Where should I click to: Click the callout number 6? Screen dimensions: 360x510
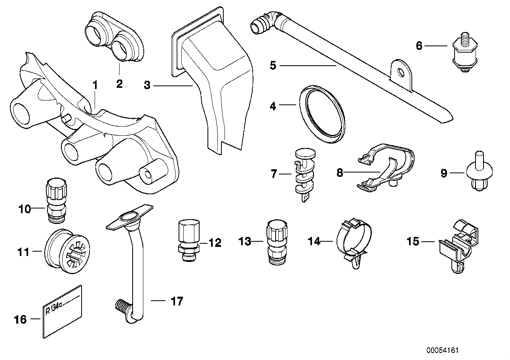click(x=419, y=46)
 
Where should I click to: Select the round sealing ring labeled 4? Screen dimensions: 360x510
click(x=322, y=112)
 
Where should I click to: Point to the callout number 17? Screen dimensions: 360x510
click(x=177, y=301)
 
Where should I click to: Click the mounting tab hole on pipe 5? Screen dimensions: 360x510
click(x=401, y=72)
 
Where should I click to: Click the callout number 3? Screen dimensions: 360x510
click(x=147, y=85)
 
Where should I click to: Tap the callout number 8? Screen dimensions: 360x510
click(x=340, y=173)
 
